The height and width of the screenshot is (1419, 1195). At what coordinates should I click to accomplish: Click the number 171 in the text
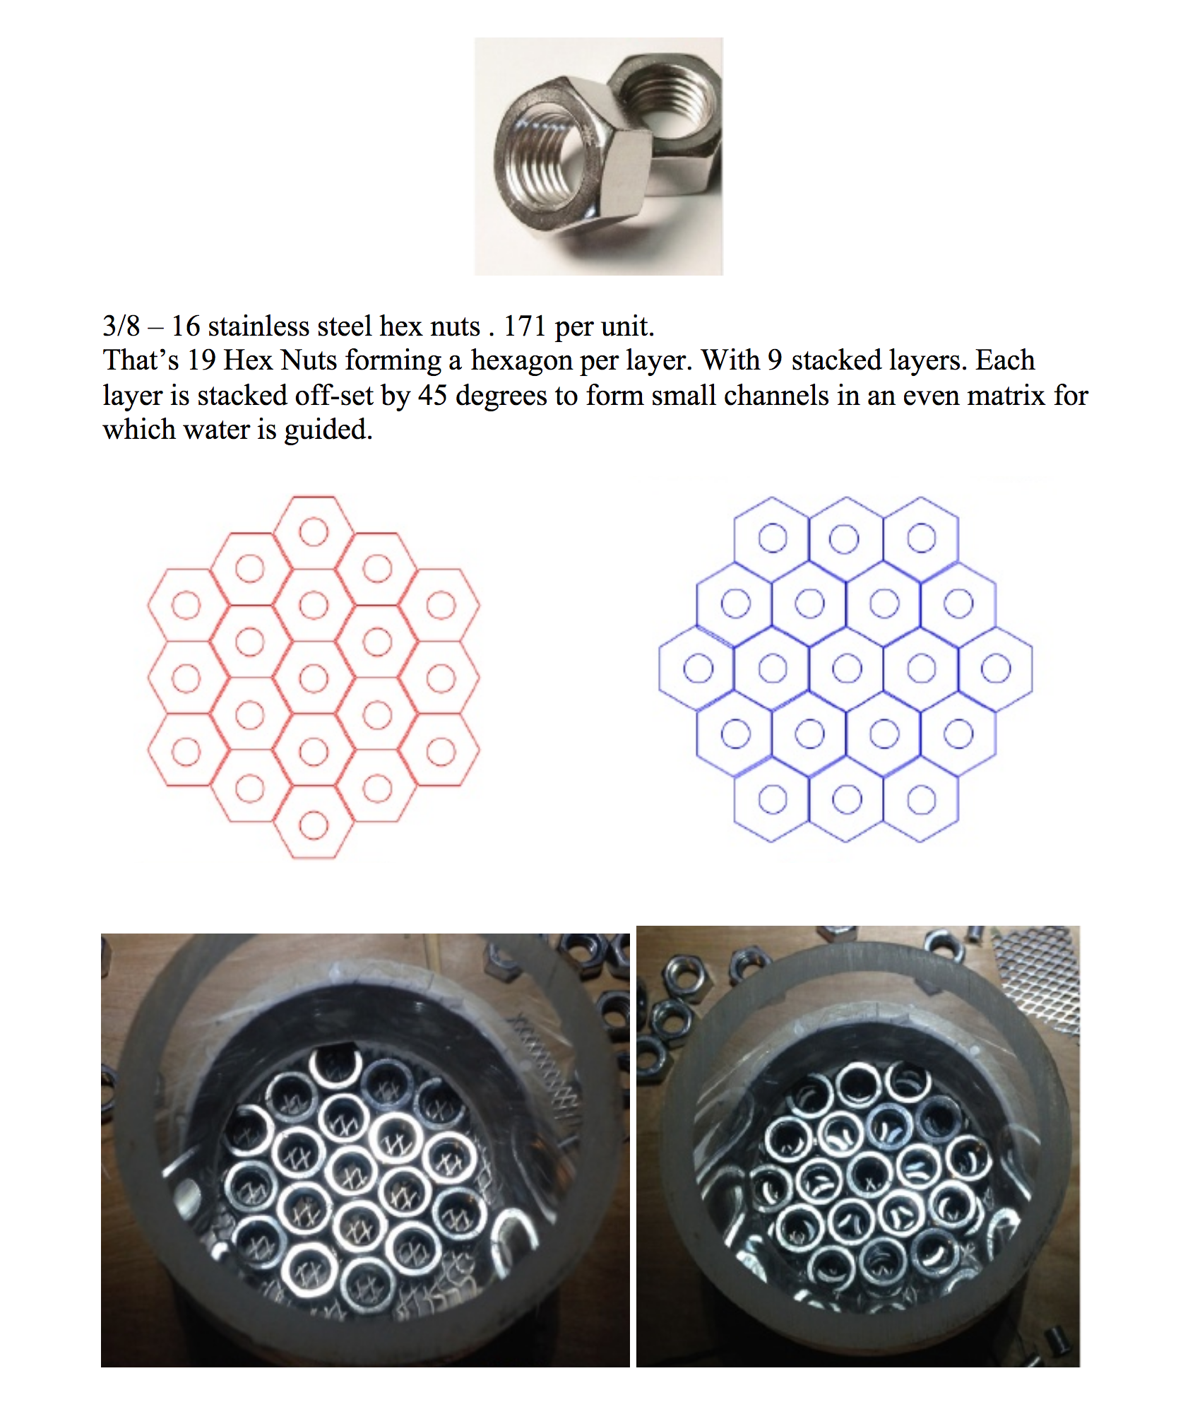click(x=524, y=326)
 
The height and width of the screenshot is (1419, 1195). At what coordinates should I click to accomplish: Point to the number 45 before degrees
click(x=432, y=396)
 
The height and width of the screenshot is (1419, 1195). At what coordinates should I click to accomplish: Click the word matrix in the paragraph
click(x=1006, y=396)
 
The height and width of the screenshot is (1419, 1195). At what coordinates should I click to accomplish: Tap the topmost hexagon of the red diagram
click(x=314, y=532)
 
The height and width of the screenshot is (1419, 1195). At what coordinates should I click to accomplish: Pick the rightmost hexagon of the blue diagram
click(x=996, y=668)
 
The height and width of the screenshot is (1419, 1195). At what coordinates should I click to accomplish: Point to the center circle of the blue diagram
click(x=847, y=669)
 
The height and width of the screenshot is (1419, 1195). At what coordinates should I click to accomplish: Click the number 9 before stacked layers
click(x=775, y=360)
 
